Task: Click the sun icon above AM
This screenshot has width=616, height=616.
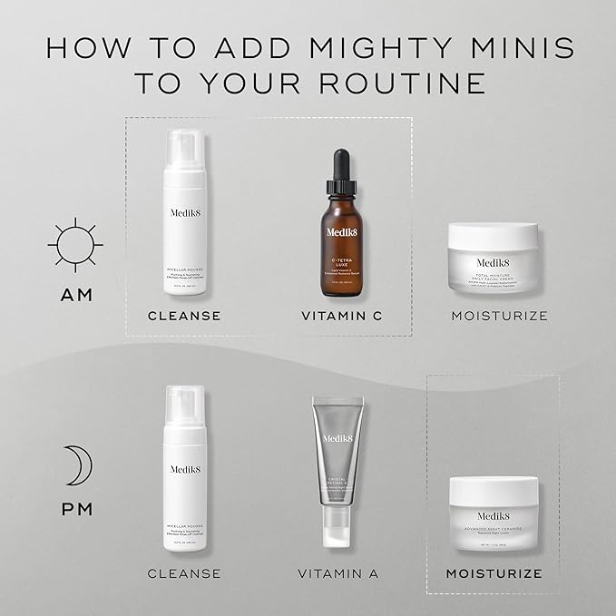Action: [75, 244]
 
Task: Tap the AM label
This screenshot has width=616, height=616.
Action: [76, 296]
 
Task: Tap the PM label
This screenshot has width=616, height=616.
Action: [77, 509]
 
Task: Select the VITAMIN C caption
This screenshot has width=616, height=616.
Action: [340, 317]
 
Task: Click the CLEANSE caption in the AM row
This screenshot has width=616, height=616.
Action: [185, 317]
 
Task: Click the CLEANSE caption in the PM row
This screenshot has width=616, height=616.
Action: [185, 573]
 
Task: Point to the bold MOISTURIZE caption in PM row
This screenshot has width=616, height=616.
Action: [494, 573]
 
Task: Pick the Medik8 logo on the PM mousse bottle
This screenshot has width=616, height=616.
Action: [185, 469]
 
